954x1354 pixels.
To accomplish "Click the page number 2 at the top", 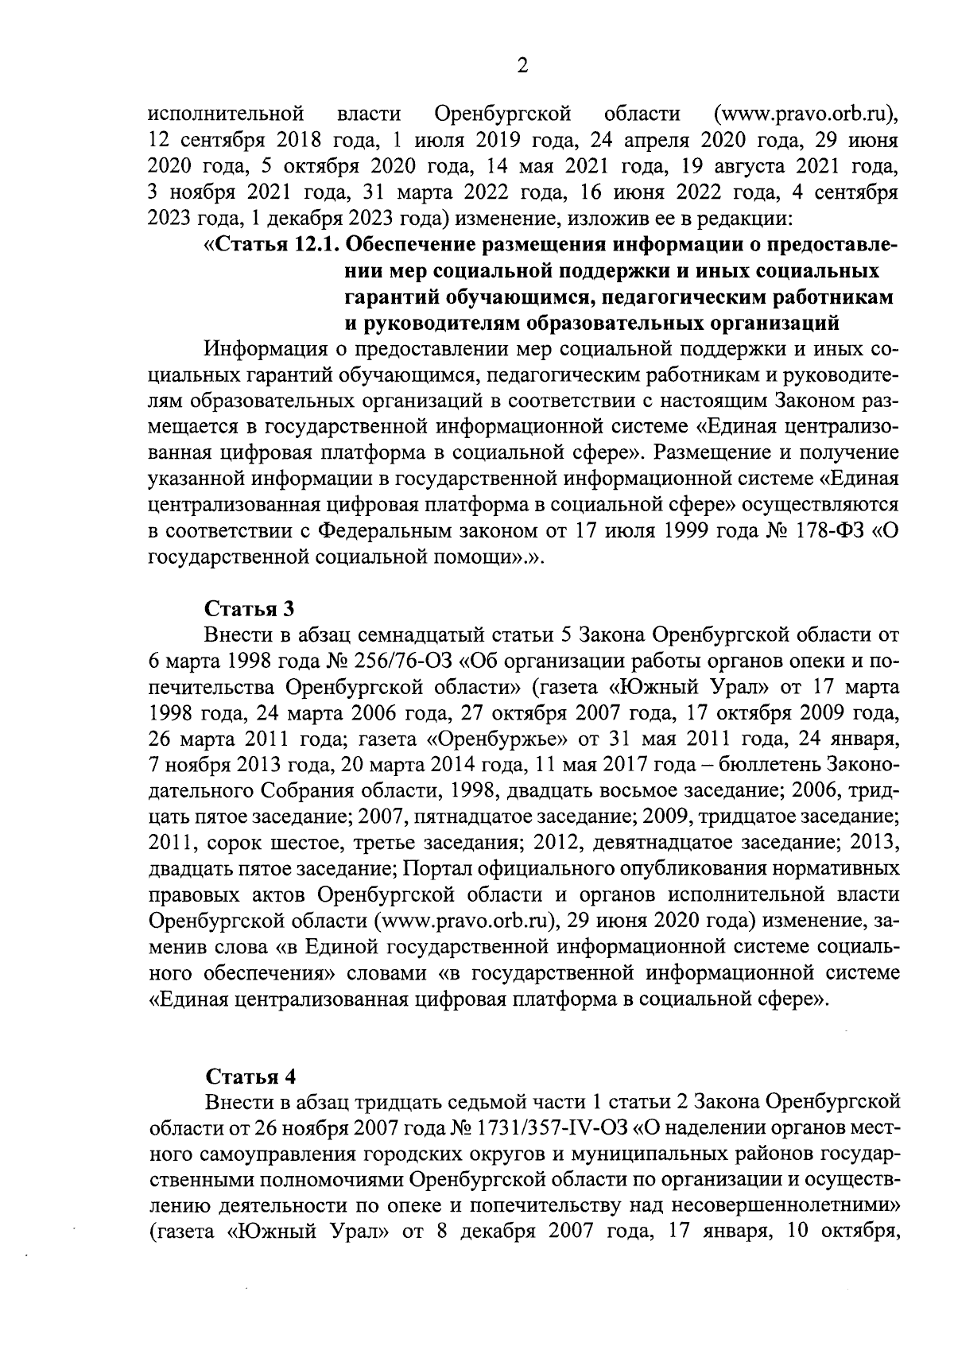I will coord(522,67).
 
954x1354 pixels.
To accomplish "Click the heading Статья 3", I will coord(250,609).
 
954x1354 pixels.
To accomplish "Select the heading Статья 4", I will coord(250,1076).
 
